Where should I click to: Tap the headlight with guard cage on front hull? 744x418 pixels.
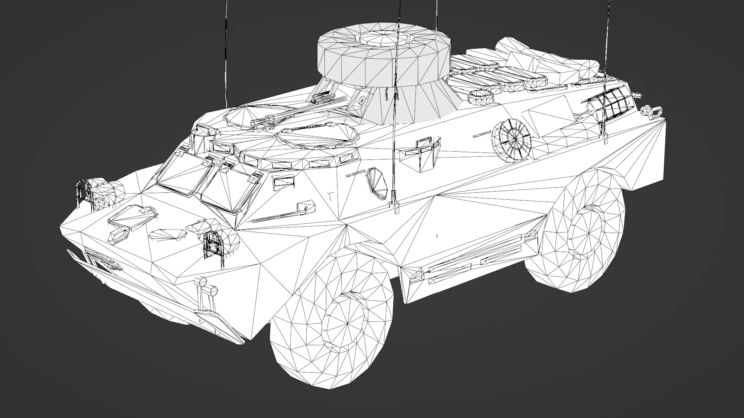[x=212, y=243]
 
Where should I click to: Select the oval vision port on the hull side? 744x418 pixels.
[x=376, y=181]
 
